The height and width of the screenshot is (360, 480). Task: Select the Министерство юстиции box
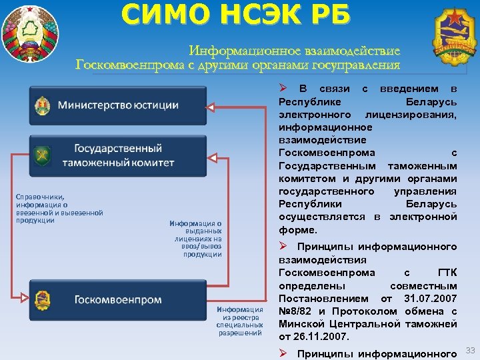coord(118,105)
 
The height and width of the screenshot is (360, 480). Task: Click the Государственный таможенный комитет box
coord(118,155)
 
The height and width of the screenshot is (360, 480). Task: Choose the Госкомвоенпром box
coord(118,300)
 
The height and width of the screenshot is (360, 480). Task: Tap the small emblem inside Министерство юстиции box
coord(43,105)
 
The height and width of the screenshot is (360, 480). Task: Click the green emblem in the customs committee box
coord(43,155)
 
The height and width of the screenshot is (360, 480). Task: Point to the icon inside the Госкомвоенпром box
coord(43,300)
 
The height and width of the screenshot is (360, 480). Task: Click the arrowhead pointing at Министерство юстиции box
coord(210,107)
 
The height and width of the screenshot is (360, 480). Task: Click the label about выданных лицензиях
coord(197,239)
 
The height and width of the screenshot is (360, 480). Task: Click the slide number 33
coord(471,350)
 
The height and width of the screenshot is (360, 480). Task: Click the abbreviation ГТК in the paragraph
coord(447,273)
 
